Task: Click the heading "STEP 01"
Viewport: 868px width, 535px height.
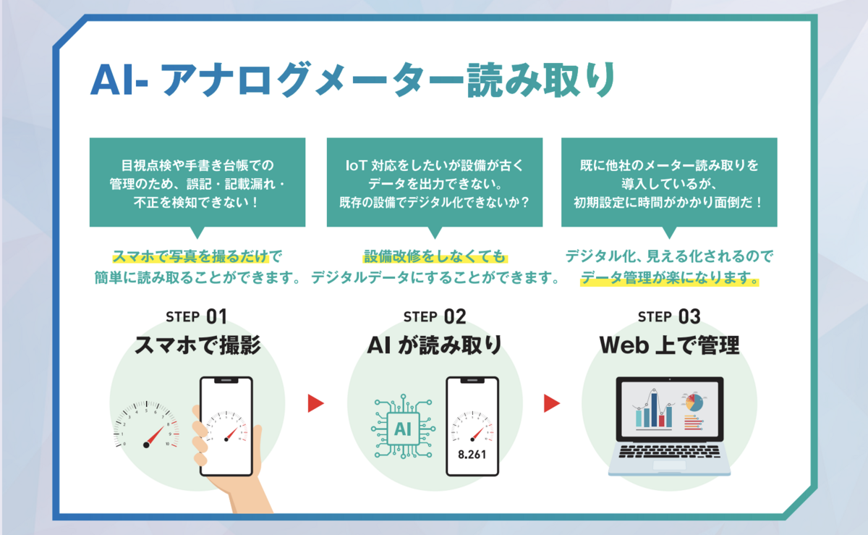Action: coord(196,316)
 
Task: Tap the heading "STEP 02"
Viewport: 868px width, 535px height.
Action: coord(434,316)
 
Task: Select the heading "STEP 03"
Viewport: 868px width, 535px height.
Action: coord(669,316)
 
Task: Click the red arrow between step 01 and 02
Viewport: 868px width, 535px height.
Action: coord(315,403)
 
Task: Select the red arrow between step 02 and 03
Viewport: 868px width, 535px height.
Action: coord(553,403)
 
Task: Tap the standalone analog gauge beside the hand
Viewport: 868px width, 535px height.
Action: coord(147,426)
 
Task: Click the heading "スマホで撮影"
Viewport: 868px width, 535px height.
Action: coord(197,345)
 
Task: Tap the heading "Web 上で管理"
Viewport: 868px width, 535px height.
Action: coord(669,345)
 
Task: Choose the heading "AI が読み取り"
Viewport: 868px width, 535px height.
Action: coord(434,345)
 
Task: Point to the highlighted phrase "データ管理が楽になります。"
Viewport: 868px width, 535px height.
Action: coord(670,278)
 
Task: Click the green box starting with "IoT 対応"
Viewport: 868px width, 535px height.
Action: coord(434,183)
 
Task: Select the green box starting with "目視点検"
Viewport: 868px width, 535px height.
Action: coord(197,183)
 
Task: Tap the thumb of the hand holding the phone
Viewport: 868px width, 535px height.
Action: coord(196,420)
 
